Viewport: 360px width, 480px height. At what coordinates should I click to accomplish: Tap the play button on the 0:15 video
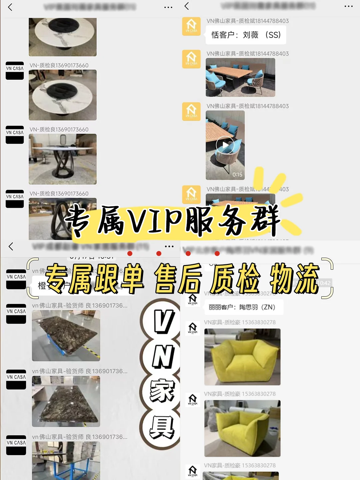coord(225,145)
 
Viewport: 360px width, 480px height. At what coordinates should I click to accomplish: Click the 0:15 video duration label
coord(237,175)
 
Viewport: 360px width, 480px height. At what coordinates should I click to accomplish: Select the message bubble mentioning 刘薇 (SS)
coord(246,35)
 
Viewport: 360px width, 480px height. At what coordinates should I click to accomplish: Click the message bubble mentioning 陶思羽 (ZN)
coord(243,307)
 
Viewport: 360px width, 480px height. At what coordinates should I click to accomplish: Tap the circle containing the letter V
coord(163,321)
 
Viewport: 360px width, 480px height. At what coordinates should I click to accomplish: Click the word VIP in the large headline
coord(155,220)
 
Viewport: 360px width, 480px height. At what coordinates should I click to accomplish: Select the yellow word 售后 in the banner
coord(178,279)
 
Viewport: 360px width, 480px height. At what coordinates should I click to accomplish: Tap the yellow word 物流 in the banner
coord(294,279)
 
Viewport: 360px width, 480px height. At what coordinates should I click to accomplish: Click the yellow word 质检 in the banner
coord(235,279)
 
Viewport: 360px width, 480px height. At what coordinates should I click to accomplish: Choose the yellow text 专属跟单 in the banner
coord(95,279)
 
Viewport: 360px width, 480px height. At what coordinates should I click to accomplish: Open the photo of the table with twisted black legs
coord(63,159)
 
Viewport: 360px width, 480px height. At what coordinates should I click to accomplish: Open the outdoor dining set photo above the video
coord(240,77)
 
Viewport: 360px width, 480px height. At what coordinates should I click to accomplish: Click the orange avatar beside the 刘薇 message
coord(191,26)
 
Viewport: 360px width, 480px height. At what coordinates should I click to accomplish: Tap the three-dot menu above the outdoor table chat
coord(348,7)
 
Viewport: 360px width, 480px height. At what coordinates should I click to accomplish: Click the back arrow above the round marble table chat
coord(10,7)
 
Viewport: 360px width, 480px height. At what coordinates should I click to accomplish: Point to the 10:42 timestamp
coord(323,283)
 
